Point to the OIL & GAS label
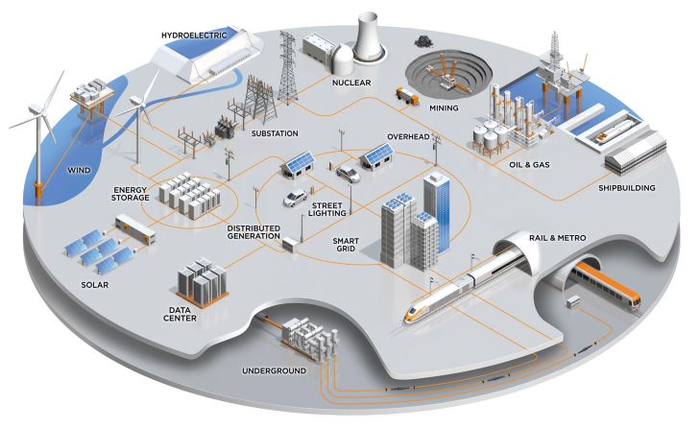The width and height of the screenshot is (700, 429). point(534,163)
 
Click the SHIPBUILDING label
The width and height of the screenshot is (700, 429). point(628,188)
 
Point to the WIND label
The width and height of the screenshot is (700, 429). point(80,173)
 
